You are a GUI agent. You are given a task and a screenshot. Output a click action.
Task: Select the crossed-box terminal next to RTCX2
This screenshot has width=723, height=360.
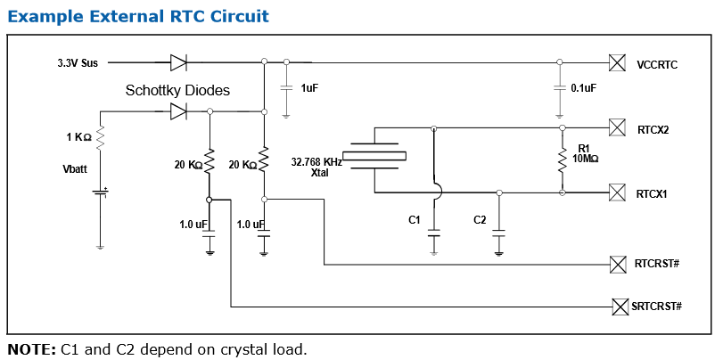(x=616, y=127)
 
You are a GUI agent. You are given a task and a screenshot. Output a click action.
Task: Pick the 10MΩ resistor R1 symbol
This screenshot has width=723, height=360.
(x=563, y=160)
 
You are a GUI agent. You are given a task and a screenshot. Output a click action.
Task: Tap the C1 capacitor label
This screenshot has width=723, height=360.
(x=414, y=219)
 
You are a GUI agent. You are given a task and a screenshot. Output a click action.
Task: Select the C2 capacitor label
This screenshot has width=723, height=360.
(x=480, y=219)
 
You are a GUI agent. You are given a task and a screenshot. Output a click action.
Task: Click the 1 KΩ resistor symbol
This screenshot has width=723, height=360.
(x=100, y=137)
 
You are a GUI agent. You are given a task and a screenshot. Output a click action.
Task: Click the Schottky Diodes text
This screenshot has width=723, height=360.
(x=177, y=90)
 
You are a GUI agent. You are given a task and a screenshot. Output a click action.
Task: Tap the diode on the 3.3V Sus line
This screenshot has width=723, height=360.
(x=177, y=62)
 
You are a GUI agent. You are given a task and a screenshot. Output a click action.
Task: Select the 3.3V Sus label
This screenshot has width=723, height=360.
(x=78, y=63)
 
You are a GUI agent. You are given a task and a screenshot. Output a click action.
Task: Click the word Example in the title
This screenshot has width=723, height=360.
(x=44, y=16)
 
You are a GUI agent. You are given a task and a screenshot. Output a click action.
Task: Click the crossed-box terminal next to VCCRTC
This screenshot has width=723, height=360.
(x=616, y=62)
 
